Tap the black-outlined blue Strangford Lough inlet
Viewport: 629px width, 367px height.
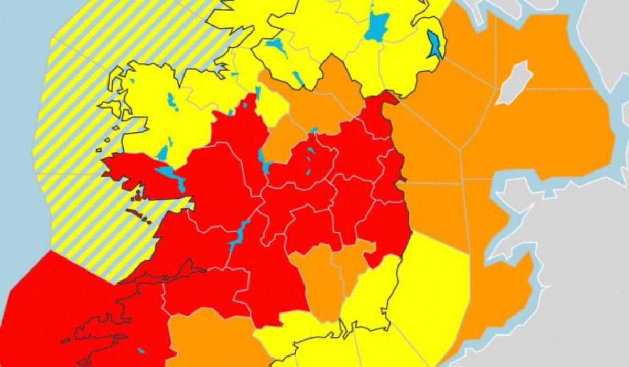435,44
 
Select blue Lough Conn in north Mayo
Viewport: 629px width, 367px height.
170,100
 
